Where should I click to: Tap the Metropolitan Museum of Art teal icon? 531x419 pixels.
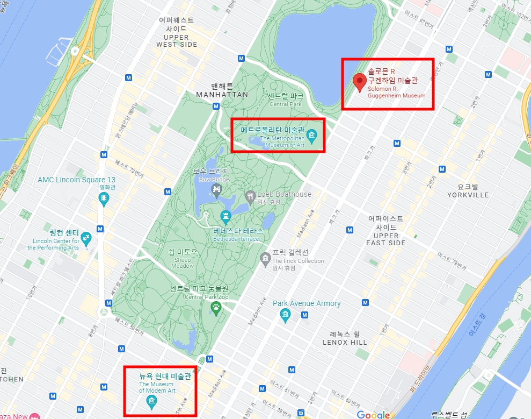pos(312,133)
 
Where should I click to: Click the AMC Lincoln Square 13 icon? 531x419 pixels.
pos(104,200)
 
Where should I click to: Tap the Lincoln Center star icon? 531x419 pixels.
pos(86,236)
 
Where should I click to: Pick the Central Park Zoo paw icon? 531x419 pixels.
pos(216,308)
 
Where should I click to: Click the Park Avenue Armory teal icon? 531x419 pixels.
pos(286,314)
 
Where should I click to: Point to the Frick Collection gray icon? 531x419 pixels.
pos(265,260)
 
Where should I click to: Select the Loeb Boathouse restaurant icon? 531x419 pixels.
pos(250,195)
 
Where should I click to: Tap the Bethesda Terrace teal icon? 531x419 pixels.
pos(226,218)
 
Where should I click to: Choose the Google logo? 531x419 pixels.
pos(373,414)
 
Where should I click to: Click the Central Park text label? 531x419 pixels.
pos(286,100)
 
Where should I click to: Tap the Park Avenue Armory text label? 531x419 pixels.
pos(307,303)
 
